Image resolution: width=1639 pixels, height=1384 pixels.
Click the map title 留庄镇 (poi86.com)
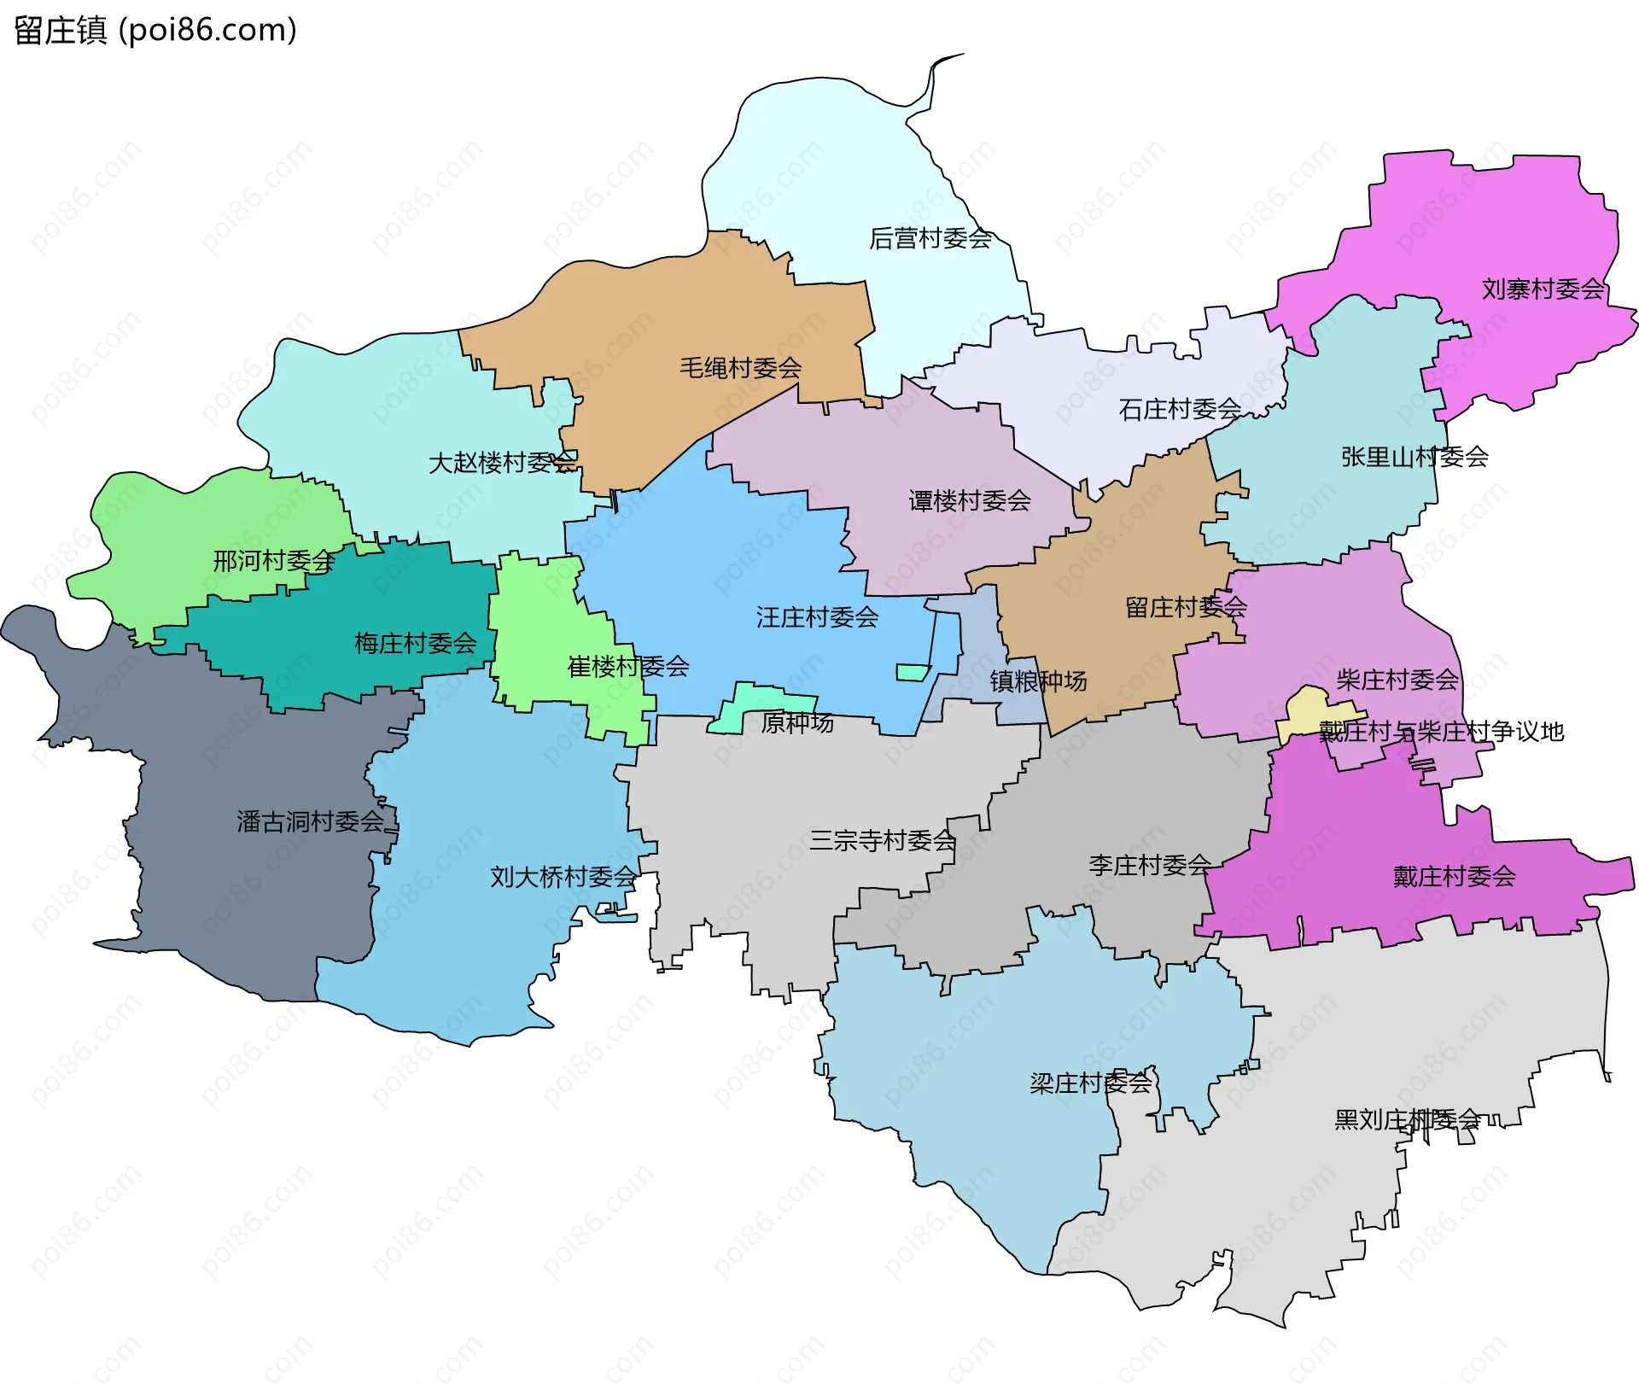coord(155,30)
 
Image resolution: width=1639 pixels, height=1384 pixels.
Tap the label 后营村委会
coord(930,238)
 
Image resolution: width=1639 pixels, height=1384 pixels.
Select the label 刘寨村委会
coord(1543,289)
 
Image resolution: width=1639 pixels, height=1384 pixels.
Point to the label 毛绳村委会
coord(740,368)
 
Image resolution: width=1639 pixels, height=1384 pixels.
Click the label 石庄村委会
coord(1180,410)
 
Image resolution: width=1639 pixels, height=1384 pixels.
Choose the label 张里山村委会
coord(1414,458)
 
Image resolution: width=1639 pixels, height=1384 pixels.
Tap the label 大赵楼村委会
coord(503,463)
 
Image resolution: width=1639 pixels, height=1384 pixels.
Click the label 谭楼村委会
coord(970,501)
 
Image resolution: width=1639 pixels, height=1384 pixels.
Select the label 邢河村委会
coord(273,561)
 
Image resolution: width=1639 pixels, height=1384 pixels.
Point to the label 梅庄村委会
coord(415,643)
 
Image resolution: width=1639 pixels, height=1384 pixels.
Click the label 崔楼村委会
coord(628,667)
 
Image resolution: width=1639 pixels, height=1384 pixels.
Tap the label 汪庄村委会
coord(817,617)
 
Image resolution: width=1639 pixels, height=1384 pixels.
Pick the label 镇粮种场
coord(1038,681)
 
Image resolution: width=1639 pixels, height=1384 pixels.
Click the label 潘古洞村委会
coord(310,822)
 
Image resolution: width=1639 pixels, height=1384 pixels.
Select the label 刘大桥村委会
coord(563,877)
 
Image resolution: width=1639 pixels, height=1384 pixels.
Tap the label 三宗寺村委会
coord(883,841)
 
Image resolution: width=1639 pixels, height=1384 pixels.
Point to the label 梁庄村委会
coord(1091,1083)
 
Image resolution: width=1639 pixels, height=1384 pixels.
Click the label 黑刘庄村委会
coord(1407,1119)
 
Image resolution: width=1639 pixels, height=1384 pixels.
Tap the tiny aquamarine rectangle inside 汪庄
coord(912,673)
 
